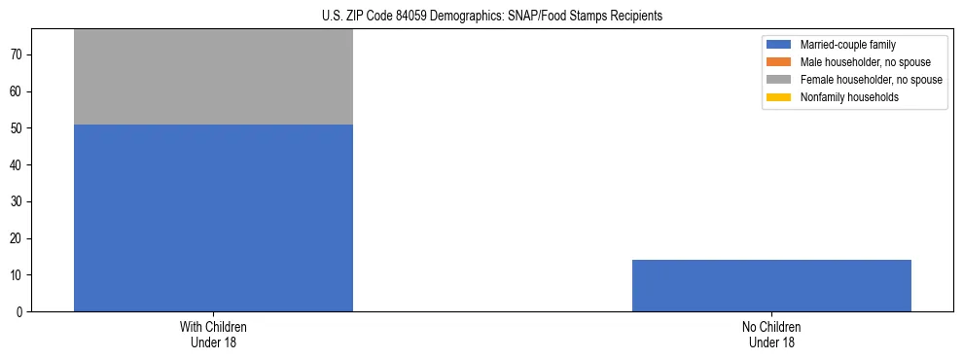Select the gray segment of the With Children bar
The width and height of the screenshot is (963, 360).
click(213, 77)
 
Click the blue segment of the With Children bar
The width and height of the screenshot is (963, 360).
click(213, 218)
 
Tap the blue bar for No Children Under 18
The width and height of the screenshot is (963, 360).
click(771, 286)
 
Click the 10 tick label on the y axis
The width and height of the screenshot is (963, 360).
click(18, 275)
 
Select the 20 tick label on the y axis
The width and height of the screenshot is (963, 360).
click(18, 238)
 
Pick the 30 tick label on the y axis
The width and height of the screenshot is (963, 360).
click(18, 202)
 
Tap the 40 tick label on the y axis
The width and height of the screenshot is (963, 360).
click(18, 165)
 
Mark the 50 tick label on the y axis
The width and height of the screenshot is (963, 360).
click(18, 128)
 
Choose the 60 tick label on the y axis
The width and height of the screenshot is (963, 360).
click(18, 91)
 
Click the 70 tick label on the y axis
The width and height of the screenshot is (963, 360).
click(18, 55)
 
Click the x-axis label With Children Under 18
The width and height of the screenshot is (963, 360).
click(213, 334)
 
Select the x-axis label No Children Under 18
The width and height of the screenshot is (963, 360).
click(771, 334)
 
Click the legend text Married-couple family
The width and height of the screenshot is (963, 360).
click(847, 45)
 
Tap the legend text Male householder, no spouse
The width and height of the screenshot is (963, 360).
click(865, 62)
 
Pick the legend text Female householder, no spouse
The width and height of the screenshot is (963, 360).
click(871, 80)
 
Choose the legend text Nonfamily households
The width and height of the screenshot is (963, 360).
click(849, 97)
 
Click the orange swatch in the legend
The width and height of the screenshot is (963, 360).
click(779, 62)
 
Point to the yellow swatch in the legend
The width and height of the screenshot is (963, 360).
click(779, 97)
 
